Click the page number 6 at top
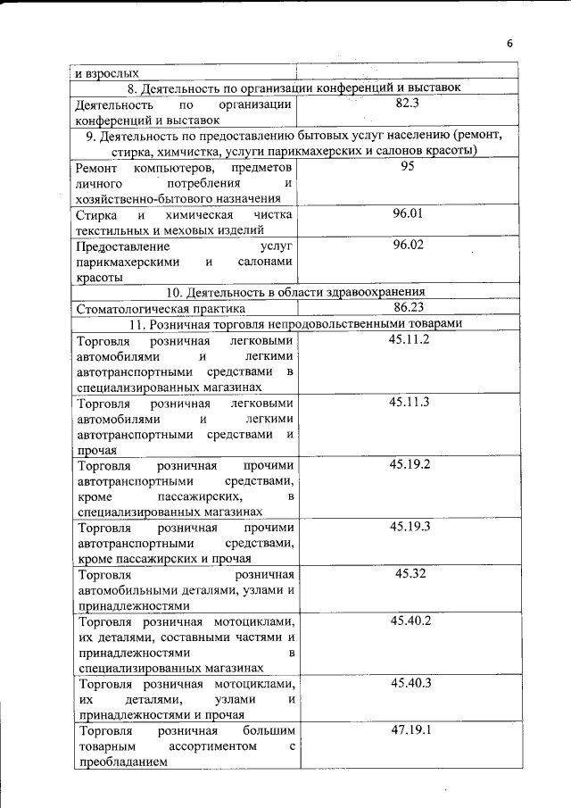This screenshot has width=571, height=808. point(510,43)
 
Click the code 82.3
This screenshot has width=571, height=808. point(408,104)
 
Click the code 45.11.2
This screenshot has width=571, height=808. point(410,339)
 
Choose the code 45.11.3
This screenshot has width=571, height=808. point(410,402)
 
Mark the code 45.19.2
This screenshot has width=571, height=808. point(410,464)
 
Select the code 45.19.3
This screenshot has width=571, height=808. point(410,527)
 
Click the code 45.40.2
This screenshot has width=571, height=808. point(410,621)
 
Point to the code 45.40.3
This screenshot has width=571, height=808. point(410,683)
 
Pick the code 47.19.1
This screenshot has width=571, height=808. point(410,730)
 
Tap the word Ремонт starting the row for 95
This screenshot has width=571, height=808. point(99,168)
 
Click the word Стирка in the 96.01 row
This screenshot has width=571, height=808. point(95,215)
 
